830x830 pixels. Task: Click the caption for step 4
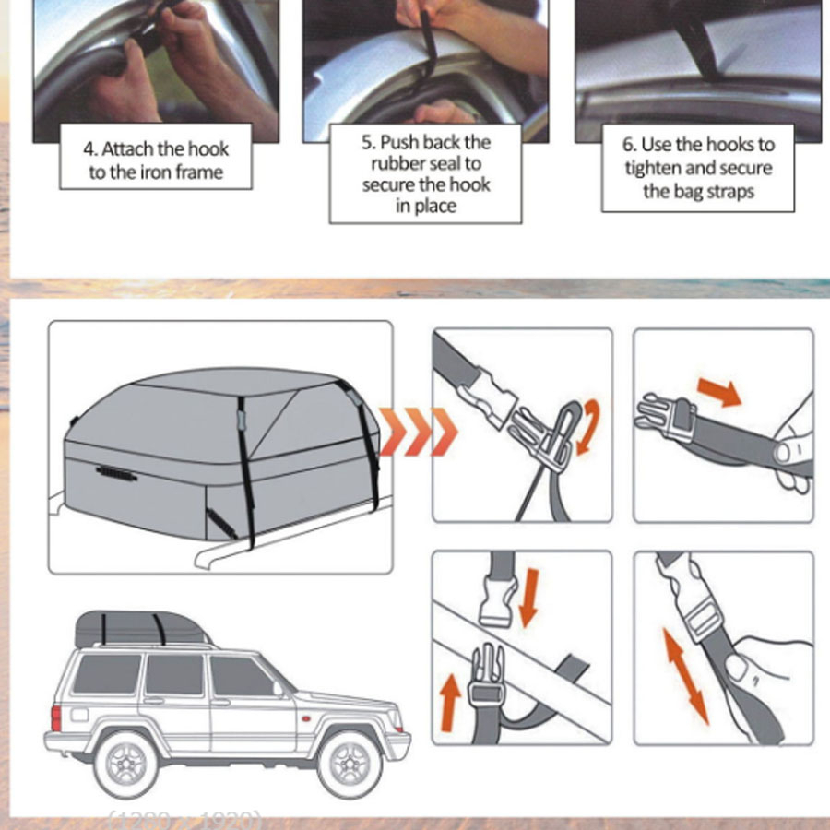(156, 160)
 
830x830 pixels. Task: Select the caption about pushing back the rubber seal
(425, 173)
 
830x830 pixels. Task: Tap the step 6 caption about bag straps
(698, 168)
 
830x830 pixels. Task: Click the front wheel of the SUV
(350, 764)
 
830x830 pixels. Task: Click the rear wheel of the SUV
(126, 764)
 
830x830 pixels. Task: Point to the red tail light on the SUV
(56, 717)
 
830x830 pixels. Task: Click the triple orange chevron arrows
(418, 432)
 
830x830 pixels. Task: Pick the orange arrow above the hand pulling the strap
(719, 392)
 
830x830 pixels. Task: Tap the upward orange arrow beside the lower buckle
(450, 702)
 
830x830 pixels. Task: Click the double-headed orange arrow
(685, 675)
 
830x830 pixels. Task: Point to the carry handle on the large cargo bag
(116, 473)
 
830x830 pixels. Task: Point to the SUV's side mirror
(278, 688)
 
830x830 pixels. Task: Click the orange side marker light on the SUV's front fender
(305, 718)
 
